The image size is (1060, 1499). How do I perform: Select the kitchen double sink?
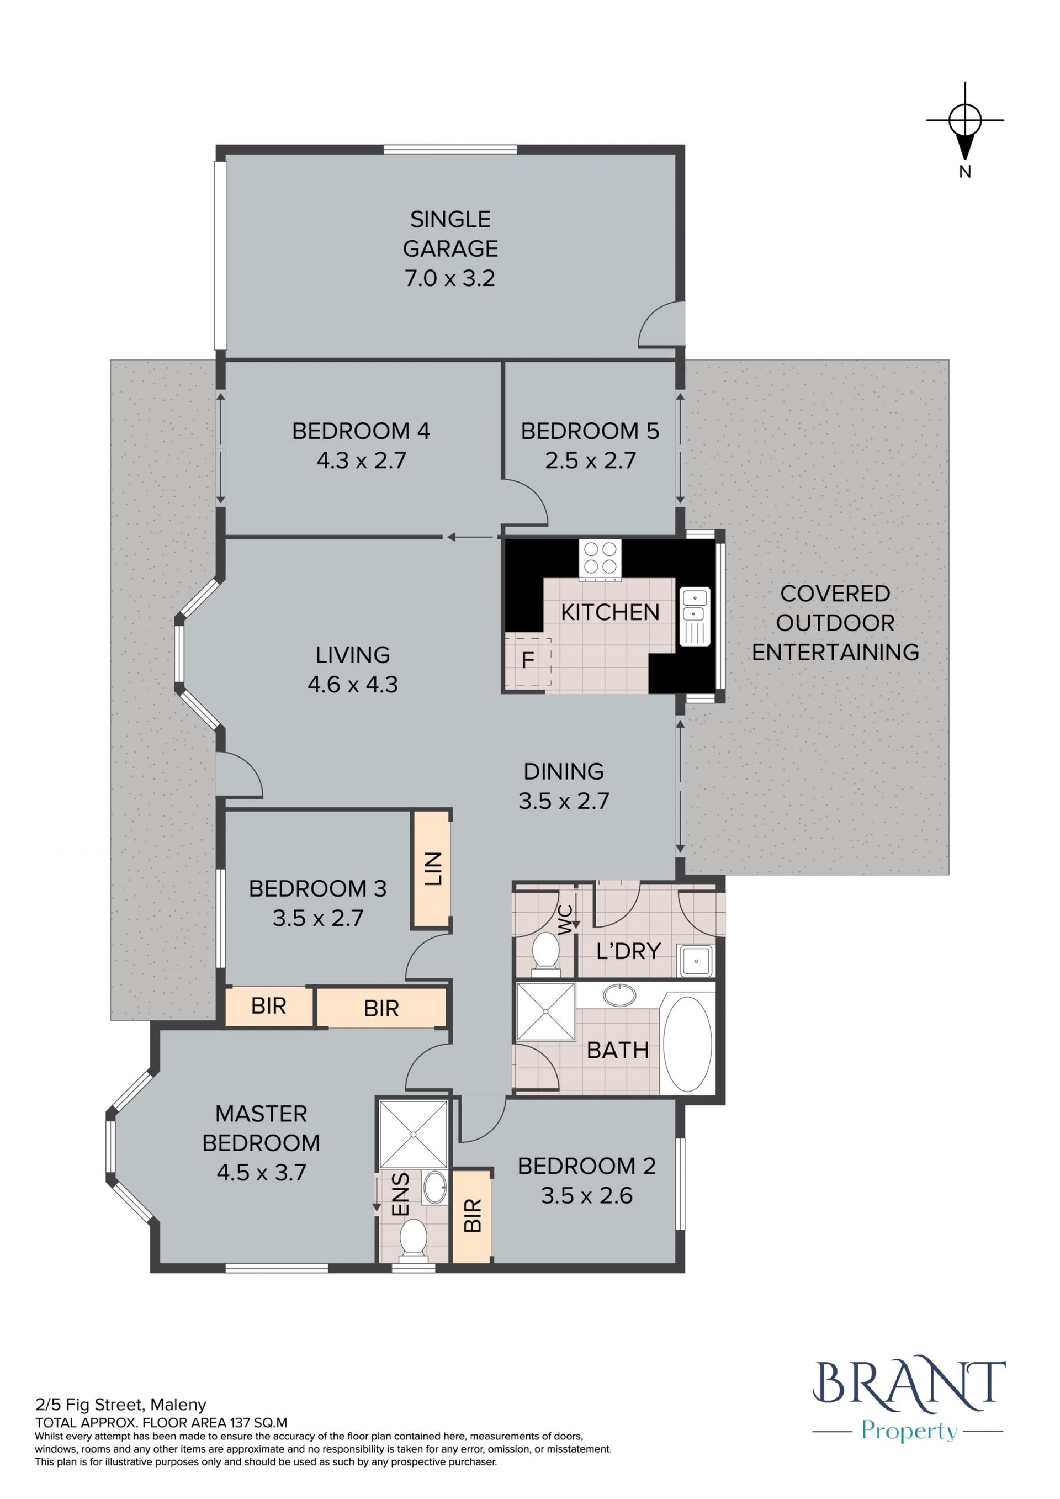coord(695,616)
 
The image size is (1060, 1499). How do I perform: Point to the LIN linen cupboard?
coord(431,869)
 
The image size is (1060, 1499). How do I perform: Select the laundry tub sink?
coord(696,960)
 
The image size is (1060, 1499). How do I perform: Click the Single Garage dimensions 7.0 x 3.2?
coord(451,278)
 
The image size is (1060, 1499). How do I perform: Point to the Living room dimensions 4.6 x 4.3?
coord(352,684)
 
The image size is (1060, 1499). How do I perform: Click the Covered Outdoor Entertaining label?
coord(835,622)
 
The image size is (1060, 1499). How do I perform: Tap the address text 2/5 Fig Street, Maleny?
coord(121,1405)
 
